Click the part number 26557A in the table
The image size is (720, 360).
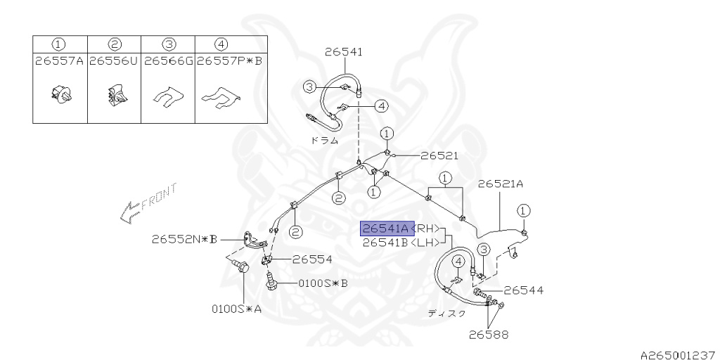(x=59, y=61)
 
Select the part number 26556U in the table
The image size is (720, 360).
(x=114, y=61)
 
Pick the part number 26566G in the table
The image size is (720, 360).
(x=168, y=61)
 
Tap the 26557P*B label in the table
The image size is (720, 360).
(x=229, y=61)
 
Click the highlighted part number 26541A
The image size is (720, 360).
(x=385, y=229)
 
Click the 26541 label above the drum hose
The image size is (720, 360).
(x=344, y=51)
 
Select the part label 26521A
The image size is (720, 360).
(x=501, y=184)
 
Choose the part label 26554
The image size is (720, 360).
(x=312, y=259)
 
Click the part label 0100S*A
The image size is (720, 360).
(x=236, y=308)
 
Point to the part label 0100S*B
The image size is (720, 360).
(x=323, y=283)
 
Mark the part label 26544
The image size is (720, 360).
(x=523, y=290)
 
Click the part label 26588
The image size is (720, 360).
(x=489, y=334)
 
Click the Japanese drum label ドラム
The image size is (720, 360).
(x=325, y=140)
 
